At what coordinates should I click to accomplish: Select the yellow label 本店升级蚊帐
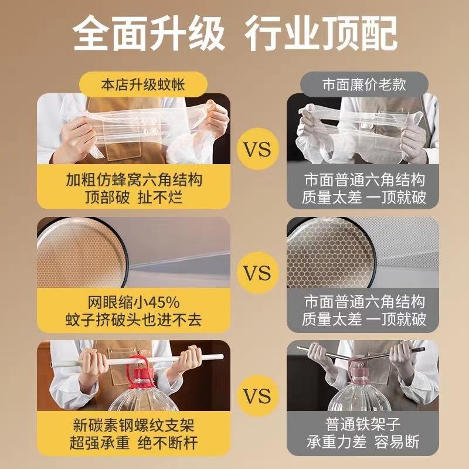143,85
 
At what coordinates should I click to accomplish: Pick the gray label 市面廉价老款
364,84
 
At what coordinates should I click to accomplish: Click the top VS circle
257,149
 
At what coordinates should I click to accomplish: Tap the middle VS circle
257,273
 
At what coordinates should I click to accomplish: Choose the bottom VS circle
257,396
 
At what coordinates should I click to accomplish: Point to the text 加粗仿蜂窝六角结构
134,180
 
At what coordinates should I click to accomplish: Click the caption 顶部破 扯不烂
134,197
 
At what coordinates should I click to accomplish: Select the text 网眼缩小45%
134,303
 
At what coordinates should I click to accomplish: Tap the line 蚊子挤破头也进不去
134,320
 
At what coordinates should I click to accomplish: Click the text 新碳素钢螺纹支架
134,425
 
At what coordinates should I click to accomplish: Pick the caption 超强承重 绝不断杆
134,443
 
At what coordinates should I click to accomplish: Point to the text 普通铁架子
363,424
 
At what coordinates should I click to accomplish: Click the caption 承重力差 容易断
363,441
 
